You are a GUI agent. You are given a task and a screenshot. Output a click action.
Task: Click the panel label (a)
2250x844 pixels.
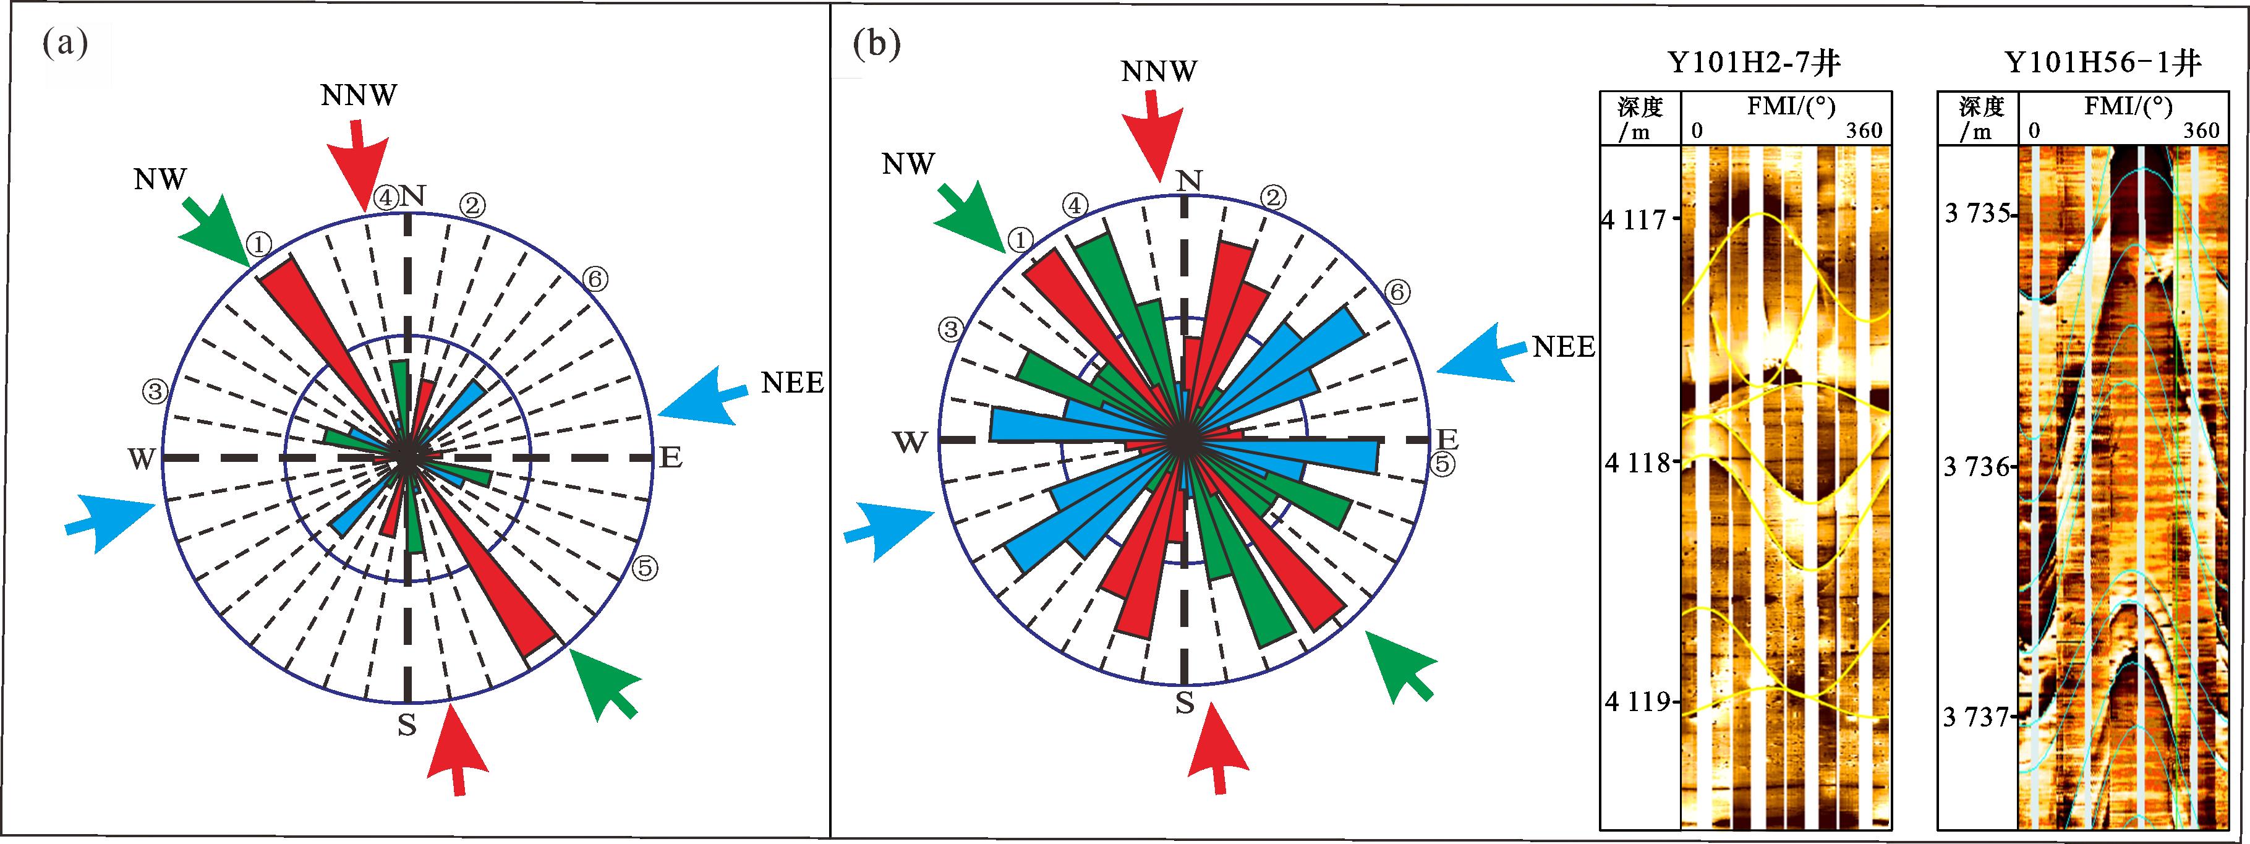66,44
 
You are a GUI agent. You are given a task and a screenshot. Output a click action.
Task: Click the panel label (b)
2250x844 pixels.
876,44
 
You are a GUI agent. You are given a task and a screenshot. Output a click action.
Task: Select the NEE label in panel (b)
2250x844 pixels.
1564,347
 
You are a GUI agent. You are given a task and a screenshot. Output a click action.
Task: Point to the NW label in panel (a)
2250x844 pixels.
161,179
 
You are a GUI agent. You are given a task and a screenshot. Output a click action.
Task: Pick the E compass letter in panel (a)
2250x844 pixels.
670,457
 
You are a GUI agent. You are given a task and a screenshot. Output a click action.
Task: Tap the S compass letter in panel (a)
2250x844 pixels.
407,724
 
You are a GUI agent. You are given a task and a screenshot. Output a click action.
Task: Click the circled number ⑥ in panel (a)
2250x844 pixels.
595,279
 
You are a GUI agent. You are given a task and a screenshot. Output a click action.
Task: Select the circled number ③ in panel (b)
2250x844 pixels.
950,330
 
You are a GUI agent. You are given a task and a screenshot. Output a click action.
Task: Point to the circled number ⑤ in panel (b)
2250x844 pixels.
1442,464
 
